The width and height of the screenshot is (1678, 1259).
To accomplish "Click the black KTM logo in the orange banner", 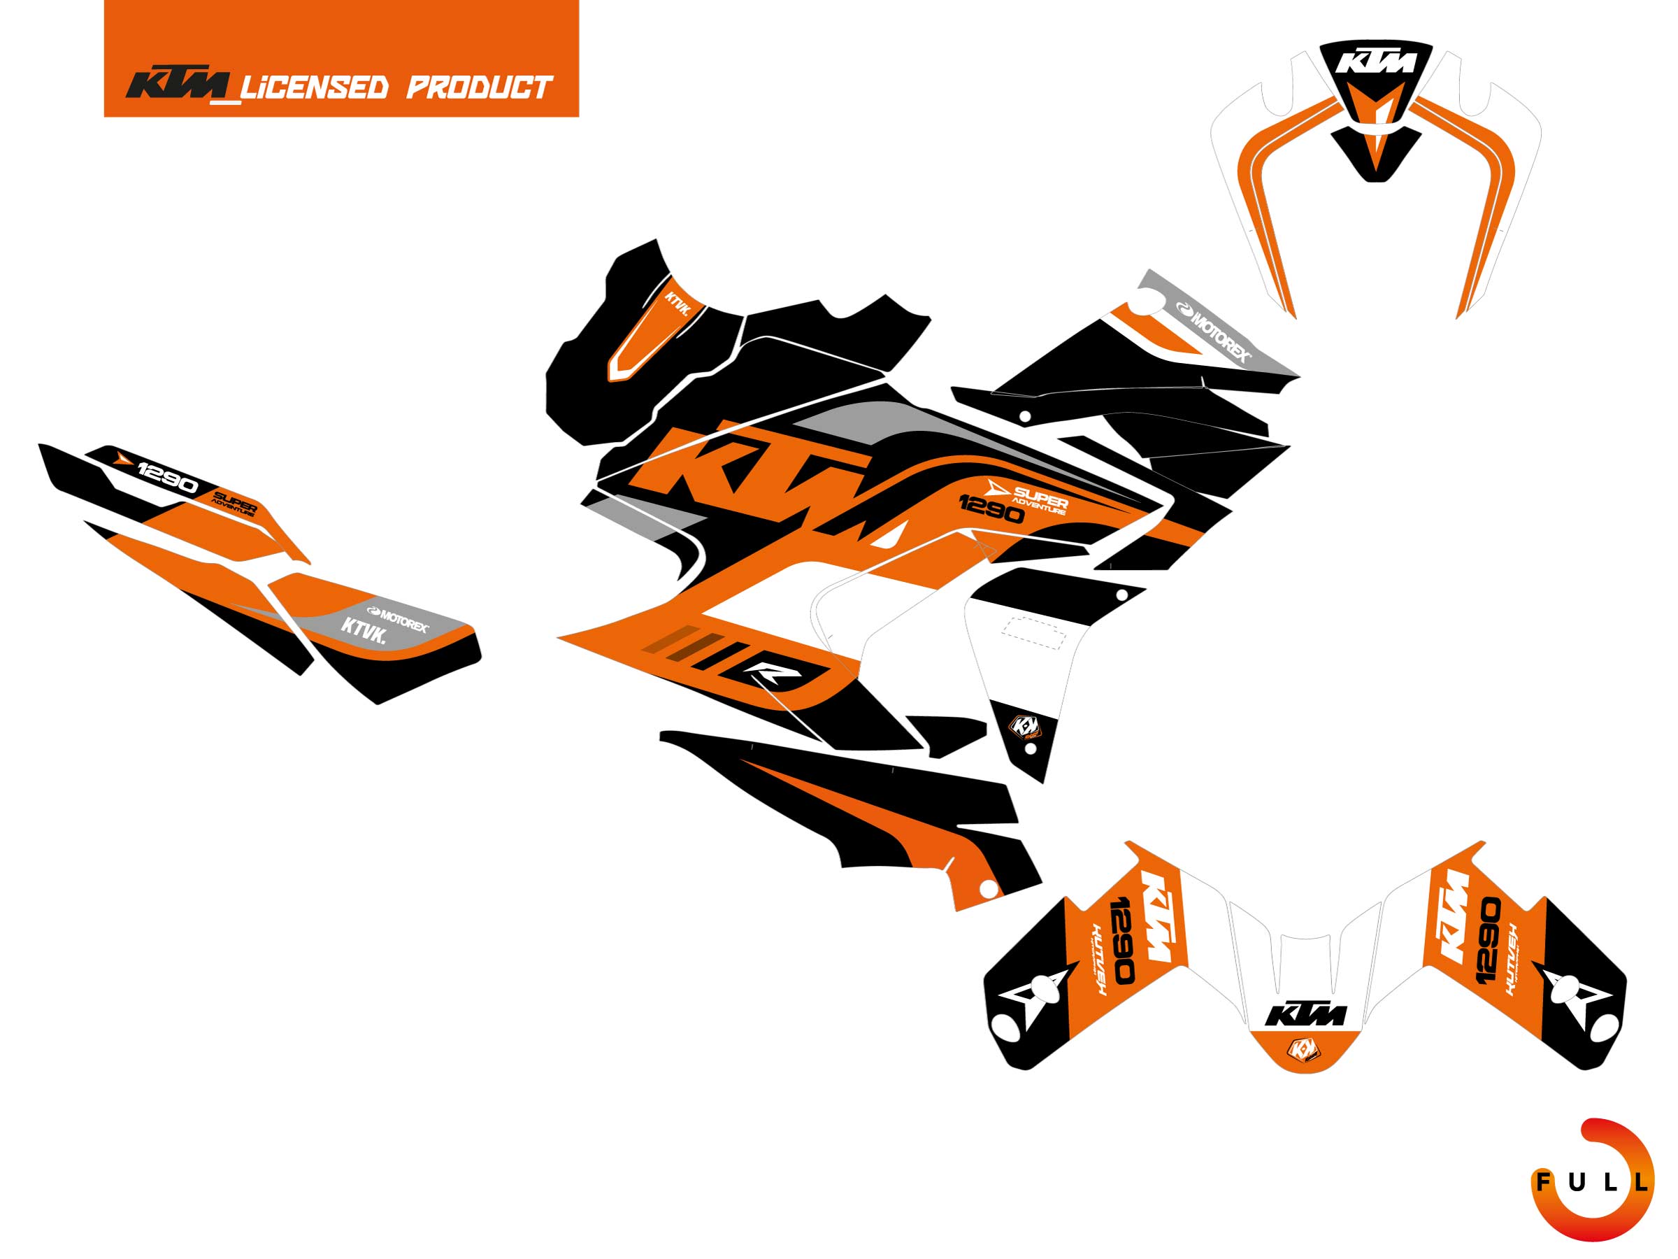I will tap(178, 86).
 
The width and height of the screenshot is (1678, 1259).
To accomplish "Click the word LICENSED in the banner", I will tap(315, 87).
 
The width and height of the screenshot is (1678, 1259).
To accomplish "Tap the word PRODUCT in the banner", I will tap(478, 87).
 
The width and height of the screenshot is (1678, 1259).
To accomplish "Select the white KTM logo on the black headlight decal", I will tap(1375, 62).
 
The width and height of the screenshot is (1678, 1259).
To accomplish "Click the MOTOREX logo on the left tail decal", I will tap(398, 619).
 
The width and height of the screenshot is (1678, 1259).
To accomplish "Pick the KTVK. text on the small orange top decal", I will tap(677, 304).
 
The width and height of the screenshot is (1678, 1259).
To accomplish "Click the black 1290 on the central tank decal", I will tap(991, 509).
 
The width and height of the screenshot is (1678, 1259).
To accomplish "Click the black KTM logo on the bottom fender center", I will tap(1305, 1014).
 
